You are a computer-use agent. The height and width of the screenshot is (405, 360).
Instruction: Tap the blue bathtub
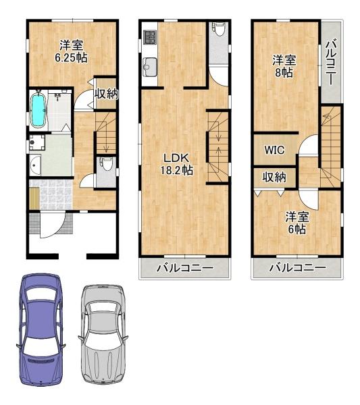[x=38, y=109]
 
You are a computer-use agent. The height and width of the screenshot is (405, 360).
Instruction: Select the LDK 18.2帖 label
[x=177, y=165]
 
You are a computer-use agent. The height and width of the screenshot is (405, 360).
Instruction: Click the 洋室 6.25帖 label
[x=71, y=51]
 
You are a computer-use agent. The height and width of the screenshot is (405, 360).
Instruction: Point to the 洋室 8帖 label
[x=284, y=65]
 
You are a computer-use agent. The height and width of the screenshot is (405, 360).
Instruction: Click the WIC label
[x=274, y=150]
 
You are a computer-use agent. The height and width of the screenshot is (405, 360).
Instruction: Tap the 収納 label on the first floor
[x=105, y=94]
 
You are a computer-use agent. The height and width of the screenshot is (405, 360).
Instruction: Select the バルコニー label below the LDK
[x=184, y=268]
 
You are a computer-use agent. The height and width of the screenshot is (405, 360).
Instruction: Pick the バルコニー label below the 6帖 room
[x=297, y=268]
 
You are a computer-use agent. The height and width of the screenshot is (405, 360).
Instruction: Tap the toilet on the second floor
[x=218, y=30]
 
